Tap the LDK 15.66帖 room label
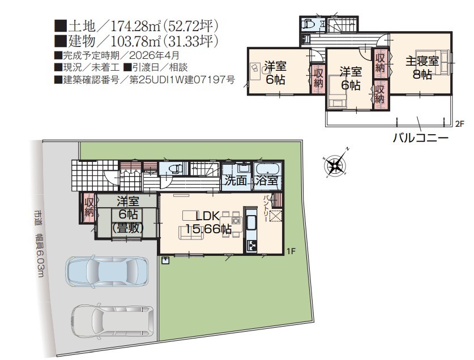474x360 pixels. point(208,222)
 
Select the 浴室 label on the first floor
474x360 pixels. point(267,181)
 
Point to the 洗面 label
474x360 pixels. point(236,181)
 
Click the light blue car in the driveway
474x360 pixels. point(107,272)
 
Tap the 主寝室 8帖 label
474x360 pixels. point(422,67)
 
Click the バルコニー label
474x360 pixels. point(421,138)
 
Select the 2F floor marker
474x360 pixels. point(459,123)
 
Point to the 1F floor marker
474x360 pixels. point(291,251)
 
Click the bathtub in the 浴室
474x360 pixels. point(268,169)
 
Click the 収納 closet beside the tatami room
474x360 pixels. point(88,208)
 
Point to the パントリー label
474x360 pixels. point(267,208)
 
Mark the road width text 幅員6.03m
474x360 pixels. point(40,255)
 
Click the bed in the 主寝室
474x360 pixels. point(432,62)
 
